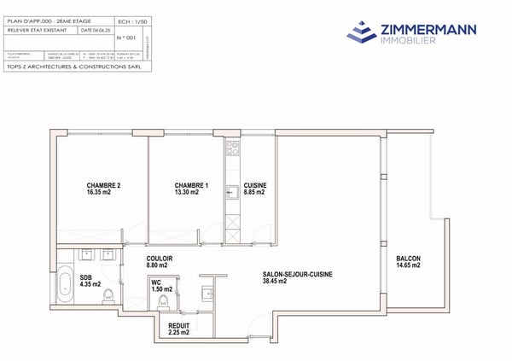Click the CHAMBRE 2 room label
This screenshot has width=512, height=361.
[103, 185]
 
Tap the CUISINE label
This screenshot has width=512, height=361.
[254, 185]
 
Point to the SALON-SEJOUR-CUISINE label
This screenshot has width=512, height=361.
[297, 274]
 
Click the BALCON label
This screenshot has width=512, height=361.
[408, 259]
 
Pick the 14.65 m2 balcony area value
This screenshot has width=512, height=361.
[408, 267]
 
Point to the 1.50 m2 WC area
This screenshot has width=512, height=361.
[161, 288]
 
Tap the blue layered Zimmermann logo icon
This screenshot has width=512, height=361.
[362, 31]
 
